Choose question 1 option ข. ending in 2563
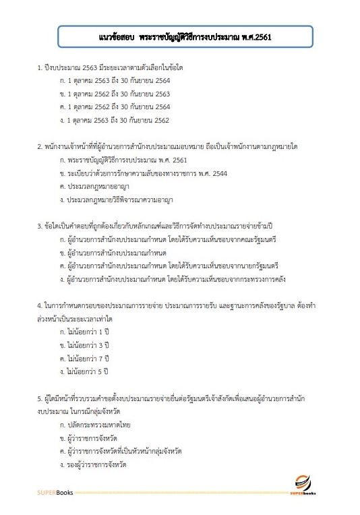[x=115, y=94]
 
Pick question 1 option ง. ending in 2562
[x=115, y=120]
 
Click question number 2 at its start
[x=40, y=146]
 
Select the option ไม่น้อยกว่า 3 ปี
[x=84, y=345]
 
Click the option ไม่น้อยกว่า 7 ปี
[x=84, y=358]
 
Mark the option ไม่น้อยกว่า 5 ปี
[x=84, y=371]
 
